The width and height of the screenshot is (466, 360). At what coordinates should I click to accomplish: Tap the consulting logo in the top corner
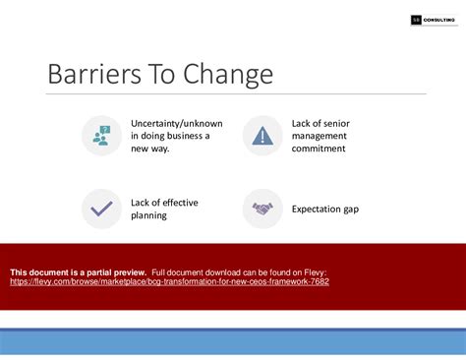pyautogui.click(x=422, y=20)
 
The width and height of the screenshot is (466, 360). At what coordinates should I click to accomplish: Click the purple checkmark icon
pyautogui.click(x=100, y=209)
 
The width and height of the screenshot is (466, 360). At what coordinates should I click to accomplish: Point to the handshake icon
pyautogui.click(x=262, y=209)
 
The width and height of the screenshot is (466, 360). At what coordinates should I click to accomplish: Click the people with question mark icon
pyautogui.click(x=100, y=136)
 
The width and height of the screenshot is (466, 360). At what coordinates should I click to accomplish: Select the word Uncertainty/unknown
pyautogui.click(x=176, y=123)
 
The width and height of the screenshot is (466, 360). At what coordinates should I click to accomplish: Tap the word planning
pyautogui.click(x=149, y=215)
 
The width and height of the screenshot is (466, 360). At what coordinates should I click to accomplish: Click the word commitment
pyautogui.click(x=319, y=149)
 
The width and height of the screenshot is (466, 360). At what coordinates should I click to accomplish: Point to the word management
pyautogui.click(x=320, y=136)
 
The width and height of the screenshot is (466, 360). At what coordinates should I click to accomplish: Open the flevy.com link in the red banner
pyautogui.click(x=169, y=281)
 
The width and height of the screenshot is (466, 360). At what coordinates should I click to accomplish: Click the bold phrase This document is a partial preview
pyautogui.click(x=78, y=271)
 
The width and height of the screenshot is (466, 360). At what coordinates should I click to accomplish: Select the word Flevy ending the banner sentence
pyautogui.click(x=314, y=271)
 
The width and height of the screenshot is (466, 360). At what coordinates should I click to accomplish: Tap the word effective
pyautogui.click(x=178, y=203)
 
